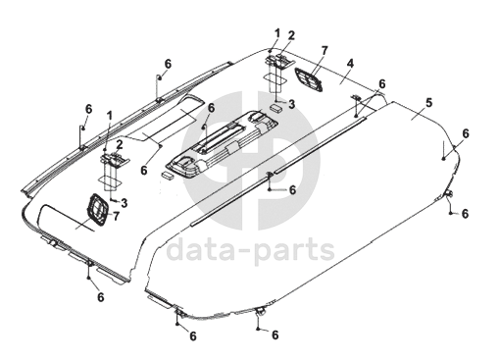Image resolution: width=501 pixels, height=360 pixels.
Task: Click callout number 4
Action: point(350,63)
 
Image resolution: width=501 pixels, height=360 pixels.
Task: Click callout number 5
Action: point(428,102)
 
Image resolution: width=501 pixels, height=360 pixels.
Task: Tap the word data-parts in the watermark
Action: point(251,250)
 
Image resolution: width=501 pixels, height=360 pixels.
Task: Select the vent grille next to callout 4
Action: point(309,79)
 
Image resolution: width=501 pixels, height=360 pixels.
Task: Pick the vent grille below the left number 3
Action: point(97,210)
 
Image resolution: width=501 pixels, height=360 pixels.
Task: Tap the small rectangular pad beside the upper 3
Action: point(276,108)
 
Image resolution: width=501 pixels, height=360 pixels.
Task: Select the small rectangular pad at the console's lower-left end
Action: point(168,175)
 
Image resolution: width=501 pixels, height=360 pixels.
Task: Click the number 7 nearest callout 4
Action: point(325,51)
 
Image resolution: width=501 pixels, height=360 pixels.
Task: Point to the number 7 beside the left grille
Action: point(116,216)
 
